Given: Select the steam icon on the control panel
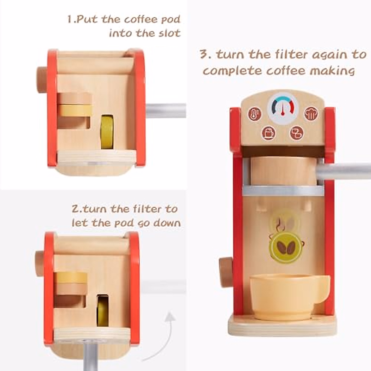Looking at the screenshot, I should click(311, 114).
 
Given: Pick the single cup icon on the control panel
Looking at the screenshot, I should click(268, 133).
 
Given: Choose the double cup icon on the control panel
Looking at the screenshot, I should click(296, 133).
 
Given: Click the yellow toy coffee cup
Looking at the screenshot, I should click(288, 292).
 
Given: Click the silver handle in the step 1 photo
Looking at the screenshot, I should click(166, 110).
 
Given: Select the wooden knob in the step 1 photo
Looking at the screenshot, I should click(42, 79).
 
